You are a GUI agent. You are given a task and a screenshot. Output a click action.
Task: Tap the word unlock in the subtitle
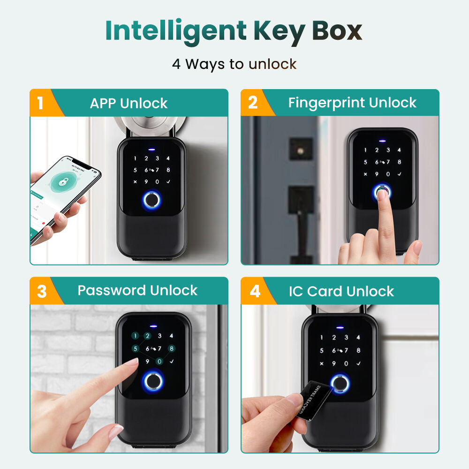click(272, 64)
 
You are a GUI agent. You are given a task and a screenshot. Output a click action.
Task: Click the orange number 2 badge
click(252, 103)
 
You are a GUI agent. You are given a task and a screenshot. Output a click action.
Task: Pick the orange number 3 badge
click(41, 291)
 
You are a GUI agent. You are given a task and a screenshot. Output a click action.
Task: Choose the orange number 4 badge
click(254, 291)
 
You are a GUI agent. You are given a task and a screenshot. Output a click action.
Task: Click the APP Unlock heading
click(129, 103)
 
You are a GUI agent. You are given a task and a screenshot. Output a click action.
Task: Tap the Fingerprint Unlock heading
click(352, 103)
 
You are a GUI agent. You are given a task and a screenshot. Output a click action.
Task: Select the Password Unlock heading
click(137, 290)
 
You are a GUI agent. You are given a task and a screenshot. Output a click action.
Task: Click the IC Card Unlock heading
click(341, 291)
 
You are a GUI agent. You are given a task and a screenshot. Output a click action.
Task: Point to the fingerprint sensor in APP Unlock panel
click(151, 200)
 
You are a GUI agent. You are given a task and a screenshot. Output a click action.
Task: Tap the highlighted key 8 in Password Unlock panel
click(172, 348)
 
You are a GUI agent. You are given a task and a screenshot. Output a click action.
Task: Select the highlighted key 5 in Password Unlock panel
click(136, 348)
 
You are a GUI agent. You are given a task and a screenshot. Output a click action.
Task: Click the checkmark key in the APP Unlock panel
click(168, 182)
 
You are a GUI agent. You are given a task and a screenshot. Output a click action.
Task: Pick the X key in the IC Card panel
click(322, 363)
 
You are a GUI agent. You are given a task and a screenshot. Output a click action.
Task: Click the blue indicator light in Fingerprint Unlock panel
click(382, 139)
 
